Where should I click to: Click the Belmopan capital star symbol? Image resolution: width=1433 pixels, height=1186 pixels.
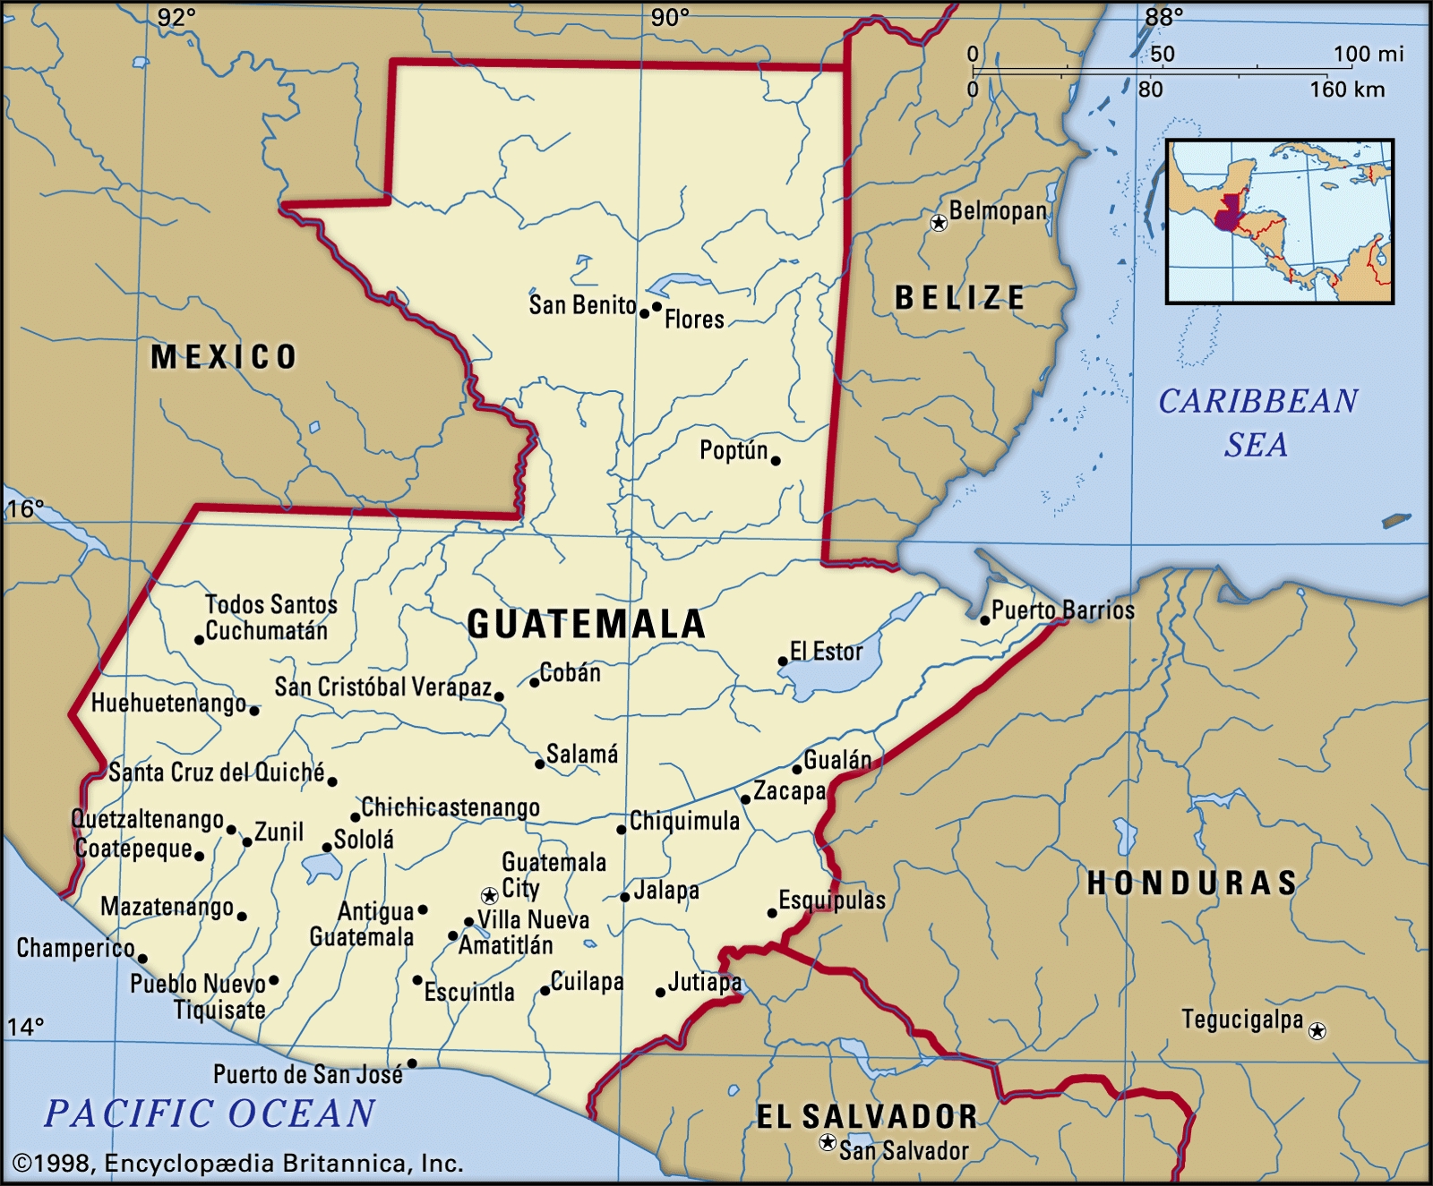[x=939, y=222]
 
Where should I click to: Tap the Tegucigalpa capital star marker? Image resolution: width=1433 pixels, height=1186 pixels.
[x=1317, y=1031]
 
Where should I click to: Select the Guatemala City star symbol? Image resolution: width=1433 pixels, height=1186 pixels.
[x=489, y=895]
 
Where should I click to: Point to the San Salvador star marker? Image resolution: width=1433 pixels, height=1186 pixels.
[x=828, y=1143]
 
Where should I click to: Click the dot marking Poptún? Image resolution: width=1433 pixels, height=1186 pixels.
[x=776, y=461]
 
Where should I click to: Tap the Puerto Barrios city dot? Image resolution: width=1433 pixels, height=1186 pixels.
[x=984, y=619]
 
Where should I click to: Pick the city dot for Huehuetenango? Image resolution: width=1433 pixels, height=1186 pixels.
[x=254, y=711]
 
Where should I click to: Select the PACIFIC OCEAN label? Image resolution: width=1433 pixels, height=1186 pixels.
[x=210, y=1113]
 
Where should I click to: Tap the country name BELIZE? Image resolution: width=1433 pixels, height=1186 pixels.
[x=960, y=297]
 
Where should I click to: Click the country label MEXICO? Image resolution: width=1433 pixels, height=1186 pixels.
[x=223, y=357]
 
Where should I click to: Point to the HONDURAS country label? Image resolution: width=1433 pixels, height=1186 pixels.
[x=1191, y=883]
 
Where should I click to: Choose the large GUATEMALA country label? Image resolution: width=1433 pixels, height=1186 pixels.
[x=587, y=624]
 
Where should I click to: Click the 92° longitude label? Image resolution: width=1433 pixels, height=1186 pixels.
[x=176, y=17]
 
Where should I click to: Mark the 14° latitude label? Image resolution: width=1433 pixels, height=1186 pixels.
[x=25, y=1026]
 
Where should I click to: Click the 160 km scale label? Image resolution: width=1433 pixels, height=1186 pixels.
[x=1347, y=90]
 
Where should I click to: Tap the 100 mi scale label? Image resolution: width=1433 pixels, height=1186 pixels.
[x=1368, y=54]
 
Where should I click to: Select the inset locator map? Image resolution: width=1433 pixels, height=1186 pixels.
[x=1280, y=221]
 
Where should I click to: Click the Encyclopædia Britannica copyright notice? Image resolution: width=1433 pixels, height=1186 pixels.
[x=238, y=1163]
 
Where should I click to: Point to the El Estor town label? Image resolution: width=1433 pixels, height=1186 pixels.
[x=827, y=652]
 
